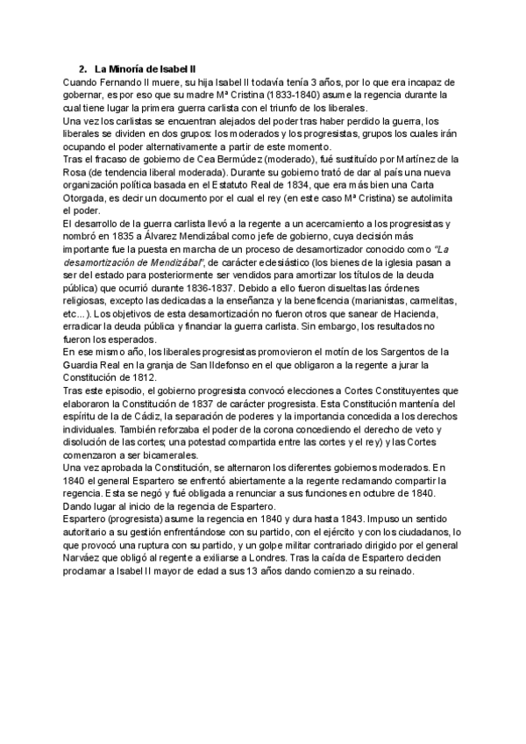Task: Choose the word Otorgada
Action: pos(90,199)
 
